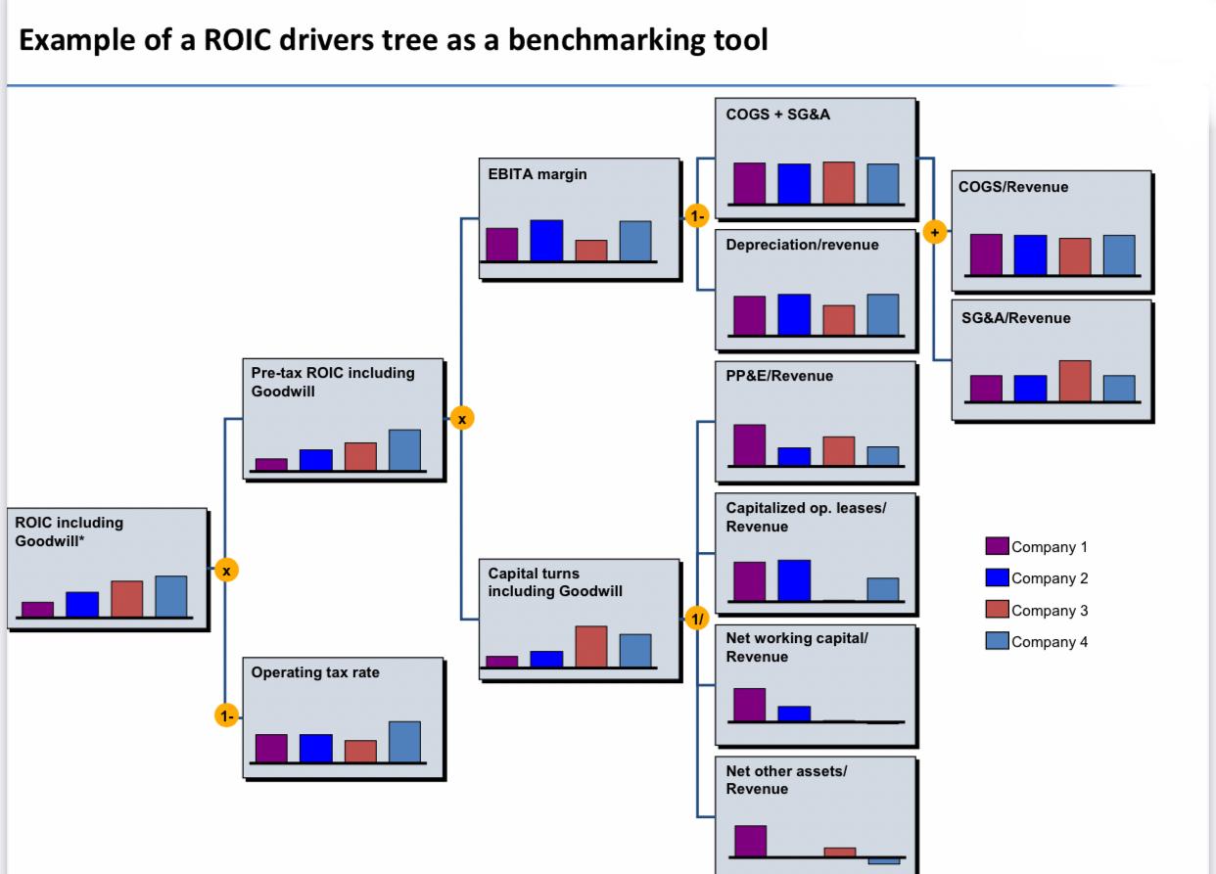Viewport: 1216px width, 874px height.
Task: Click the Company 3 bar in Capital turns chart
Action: (x=590, y=646)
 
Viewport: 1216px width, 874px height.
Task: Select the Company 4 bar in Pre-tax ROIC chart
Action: (x=404, y=450)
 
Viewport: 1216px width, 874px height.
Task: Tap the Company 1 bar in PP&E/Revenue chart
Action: (x=749, y=444)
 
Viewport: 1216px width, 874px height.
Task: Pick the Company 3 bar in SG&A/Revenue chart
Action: (x=1074, y=381)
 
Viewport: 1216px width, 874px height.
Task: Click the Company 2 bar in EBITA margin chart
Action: (x=546, y=240)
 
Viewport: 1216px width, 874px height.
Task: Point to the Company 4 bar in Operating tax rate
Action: (x=404, y=741)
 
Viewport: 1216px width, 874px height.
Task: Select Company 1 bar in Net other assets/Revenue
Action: (x=750, y=841)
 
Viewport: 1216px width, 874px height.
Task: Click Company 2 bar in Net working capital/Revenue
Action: (x=794, y=713)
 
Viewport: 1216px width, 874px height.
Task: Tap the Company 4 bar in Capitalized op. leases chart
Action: (x=882, y=589)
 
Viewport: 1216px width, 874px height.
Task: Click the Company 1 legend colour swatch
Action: (x=997, y=546)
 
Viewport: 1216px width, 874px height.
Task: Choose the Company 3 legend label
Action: (x=1049, y=611)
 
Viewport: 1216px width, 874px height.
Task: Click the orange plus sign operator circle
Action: (x=933, y=232)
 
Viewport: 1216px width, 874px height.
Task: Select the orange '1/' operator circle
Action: (x=696, y=619)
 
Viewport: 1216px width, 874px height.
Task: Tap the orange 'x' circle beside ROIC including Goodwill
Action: (x=226, y=570)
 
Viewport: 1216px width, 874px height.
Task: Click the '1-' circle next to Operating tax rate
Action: (x=226, y=716)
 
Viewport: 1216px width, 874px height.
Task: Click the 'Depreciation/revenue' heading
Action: (x=802, y=245)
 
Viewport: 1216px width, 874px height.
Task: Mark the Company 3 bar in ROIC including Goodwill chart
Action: (x=126, y=598)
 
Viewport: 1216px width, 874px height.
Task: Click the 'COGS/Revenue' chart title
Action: (x=1012, y=187)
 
